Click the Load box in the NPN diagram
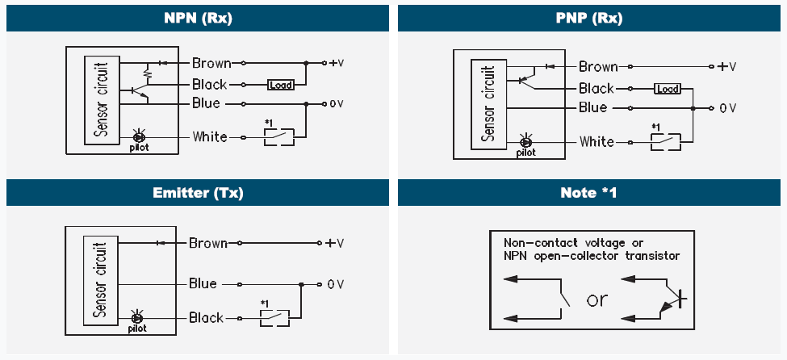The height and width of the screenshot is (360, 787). (x=280, y=84)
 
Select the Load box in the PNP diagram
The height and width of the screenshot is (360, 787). (x=667, y=89)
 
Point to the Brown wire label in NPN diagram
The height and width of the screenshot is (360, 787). (x=211, y=63)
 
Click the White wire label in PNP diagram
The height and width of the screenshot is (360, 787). (x=597, y=142)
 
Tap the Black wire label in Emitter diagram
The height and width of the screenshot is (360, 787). (x=206, y=317)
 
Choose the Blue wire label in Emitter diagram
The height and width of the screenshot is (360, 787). (x=203, y=283)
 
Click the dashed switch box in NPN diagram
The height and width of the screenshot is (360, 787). (x=278, y=136)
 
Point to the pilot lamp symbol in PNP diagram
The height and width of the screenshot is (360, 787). (x=526, y=142)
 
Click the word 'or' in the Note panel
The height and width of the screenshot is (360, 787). (x=597, y=299)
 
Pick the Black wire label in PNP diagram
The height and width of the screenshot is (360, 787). (x=597, y=89)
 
